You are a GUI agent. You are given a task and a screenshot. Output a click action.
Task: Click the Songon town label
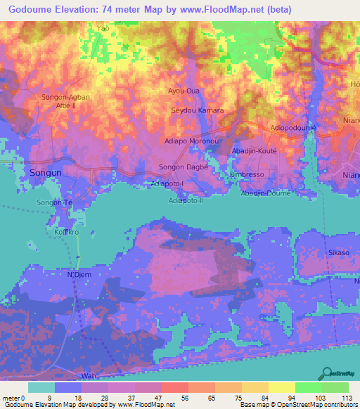coord(44,172)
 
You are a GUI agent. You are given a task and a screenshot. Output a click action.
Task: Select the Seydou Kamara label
coord(198,111)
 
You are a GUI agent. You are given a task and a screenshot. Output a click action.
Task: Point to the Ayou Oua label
coord(184,91)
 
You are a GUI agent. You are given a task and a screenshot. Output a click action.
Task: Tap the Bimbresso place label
coord(246,174)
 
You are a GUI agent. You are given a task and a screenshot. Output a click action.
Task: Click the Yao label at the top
coord(103,28)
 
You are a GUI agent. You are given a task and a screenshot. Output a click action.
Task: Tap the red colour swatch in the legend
coord(175,387)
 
